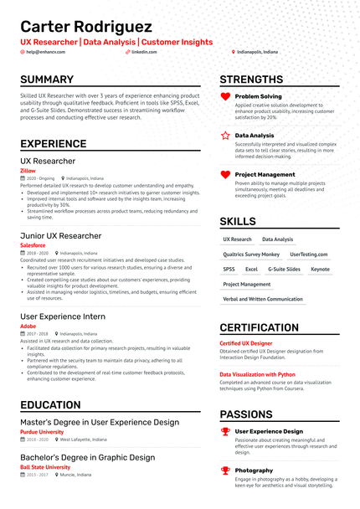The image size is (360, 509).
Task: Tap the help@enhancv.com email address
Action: coord(46,52)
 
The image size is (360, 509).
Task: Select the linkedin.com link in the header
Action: coord(144,52)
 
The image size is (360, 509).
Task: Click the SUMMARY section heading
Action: coord(47,80)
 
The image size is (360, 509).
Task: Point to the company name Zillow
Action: coord(28,170)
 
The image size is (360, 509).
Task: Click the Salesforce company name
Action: coord(33,245)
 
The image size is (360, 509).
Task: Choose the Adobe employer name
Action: coord(28,325)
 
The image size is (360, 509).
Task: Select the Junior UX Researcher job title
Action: coord(61,236)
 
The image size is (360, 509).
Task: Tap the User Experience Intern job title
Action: coord(63,316)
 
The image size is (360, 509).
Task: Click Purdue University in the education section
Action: coord(41,432)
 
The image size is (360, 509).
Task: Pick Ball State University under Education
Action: coord(45,467)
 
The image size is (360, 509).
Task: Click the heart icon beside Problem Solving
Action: coord(225,97)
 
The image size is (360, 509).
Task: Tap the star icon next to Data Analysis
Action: coord(225,135)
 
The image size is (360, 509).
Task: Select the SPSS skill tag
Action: coord(229,270)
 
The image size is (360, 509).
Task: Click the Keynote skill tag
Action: coord(320,270)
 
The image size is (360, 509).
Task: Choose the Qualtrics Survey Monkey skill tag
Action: coord(251,254)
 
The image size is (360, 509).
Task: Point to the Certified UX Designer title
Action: coord(245,343)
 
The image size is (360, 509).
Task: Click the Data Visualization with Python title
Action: coord(257,374)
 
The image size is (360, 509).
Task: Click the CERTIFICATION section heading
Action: coord(259,328)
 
